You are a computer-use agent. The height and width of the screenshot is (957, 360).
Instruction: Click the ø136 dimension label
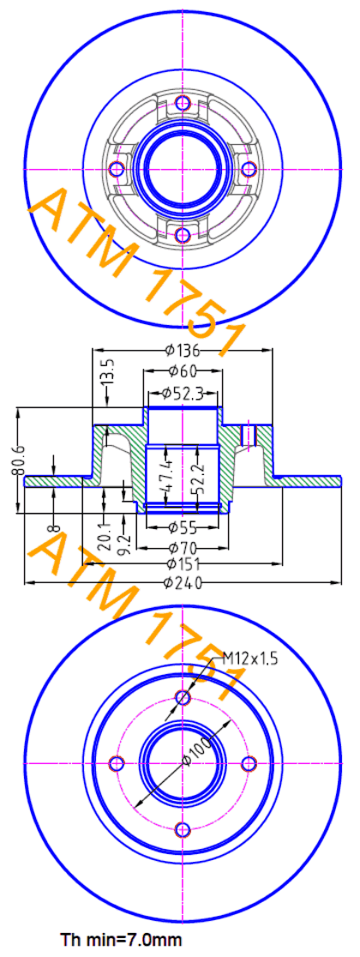click(183, 351)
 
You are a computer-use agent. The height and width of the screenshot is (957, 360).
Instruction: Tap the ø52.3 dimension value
click(183, 394)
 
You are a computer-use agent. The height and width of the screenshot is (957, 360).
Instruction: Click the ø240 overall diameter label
click(183, 583)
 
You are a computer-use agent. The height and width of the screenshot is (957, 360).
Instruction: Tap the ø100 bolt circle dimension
click(199, 749)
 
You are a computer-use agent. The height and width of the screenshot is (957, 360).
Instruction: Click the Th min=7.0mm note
click(120, 937)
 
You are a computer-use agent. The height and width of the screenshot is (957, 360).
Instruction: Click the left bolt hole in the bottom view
click(117, 763)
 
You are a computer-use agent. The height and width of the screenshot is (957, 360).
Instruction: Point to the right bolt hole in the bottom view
click(249, 763)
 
